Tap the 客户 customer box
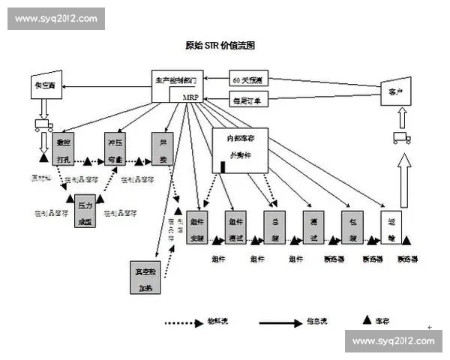(x=395, y=91)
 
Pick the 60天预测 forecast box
(x=249, y=79)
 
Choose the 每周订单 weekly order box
(x=249, y=97)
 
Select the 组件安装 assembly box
(x=197, y=227)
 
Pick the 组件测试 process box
(x=236, y=227)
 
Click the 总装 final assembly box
(x=274, y=227)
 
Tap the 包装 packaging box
(x=352, y=227)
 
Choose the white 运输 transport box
(x=391, y=227)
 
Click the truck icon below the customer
(x=401, y=138)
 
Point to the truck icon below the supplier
(x=43, y=125)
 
